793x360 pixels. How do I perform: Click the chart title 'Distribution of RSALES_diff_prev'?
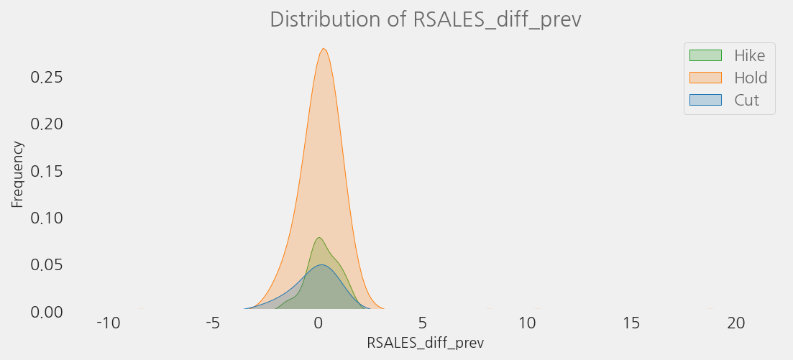(425, 19)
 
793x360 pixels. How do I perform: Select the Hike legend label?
(749, 55)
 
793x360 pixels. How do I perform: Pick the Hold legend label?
(751, 78)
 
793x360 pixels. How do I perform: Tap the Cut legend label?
(746, 100)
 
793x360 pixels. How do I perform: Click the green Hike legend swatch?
(705, 55)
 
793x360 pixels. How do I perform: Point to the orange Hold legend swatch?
(705, 78)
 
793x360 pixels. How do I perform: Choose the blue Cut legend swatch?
(705, 100)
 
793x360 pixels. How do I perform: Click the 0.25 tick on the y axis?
(47, 77)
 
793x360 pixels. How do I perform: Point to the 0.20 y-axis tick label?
(47, 124)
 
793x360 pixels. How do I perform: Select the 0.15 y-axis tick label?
(47, 171)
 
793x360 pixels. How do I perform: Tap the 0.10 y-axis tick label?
(47, 218)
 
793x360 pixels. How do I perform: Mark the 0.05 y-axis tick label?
(47, 264)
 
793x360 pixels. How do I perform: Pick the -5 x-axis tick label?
(213, 324)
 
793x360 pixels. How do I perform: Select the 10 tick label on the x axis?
(528, 324)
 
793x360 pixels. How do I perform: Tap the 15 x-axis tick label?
(632, 324)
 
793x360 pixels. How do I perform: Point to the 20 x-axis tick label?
(736, 324)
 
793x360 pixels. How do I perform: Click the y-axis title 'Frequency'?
(17, 175)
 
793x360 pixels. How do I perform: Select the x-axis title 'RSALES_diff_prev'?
(425, 343)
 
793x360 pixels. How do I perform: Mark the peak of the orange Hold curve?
(324, 49)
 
